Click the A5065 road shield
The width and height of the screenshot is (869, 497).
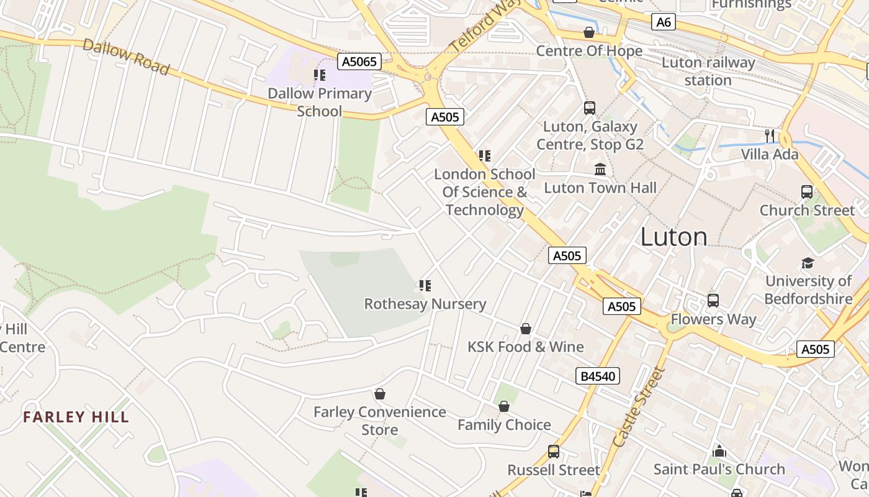359,62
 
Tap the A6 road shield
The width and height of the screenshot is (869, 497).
664,22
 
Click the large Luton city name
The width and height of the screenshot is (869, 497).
673,237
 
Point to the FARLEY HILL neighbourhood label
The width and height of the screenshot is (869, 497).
76,417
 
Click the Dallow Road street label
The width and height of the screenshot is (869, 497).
126,57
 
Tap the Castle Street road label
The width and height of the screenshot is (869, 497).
638,407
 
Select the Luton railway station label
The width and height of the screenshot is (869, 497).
708,71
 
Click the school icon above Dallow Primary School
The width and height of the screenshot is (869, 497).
320,75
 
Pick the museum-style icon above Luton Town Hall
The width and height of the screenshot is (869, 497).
600,169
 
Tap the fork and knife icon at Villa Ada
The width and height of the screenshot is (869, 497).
770,136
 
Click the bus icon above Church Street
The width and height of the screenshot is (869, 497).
807,192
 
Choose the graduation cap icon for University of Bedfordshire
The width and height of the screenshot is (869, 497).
808,263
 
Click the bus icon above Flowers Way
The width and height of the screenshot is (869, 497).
713,301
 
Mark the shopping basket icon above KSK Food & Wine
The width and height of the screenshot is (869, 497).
526,328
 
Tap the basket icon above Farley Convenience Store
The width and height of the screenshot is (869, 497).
380,394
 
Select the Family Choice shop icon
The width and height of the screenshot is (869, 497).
504,406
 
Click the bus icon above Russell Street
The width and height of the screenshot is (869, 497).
553,452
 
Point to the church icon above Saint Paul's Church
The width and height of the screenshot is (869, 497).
719,450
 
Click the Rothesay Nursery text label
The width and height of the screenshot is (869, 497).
425,304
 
